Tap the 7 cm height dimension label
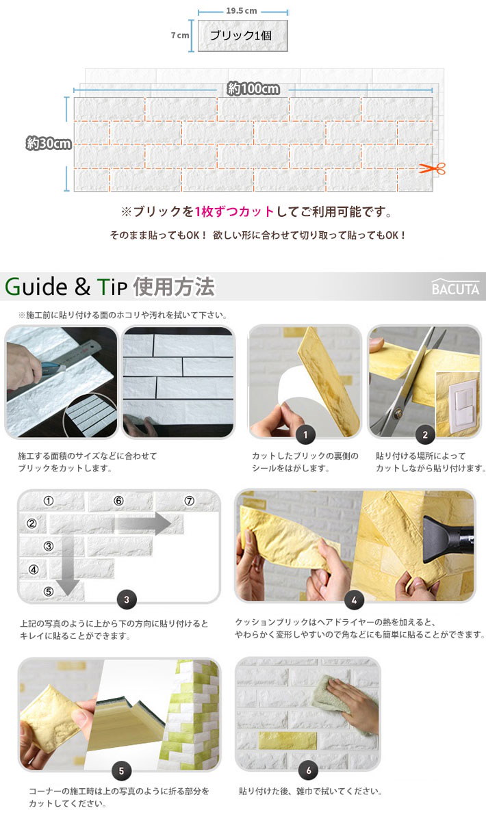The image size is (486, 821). click(x=179, y=36)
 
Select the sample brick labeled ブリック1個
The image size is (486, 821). click(x=242, y=36)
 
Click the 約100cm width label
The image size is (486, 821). click(x=253, y=89)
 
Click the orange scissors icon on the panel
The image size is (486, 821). click(x=431, y=168)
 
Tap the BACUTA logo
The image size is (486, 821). click(x=455, y=289)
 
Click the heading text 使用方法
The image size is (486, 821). click(x=175, y=287)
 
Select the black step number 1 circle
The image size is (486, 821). click(x=305, y=434)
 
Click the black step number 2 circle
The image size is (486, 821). click(x=424, y=434)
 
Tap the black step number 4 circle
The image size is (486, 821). click(x=353, y=600)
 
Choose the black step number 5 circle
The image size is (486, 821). click(x=120, y=770)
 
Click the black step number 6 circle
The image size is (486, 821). click(x=308, y=770)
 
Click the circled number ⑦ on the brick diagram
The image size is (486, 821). click(x=190, y=501)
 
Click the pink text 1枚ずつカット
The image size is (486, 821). click(x=234, y=211)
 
